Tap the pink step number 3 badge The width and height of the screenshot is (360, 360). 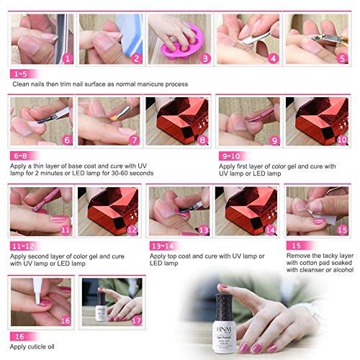click(204, 59)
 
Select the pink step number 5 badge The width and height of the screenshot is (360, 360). click(343, 59)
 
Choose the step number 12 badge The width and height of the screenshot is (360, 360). click(131, 230)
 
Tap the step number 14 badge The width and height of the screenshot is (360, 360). click(270, 230)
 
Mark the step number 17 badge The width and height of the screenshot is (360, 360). click(135, 320)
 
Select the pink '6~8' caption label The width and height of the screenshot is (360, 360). click(21, 155)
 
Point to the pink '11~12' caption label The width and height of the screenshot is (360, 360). click(23, 246)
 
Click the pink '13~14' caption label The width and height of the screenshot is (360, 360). click(161, 246)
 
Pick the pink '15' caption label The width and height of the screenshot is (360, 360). click(294, 246)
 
